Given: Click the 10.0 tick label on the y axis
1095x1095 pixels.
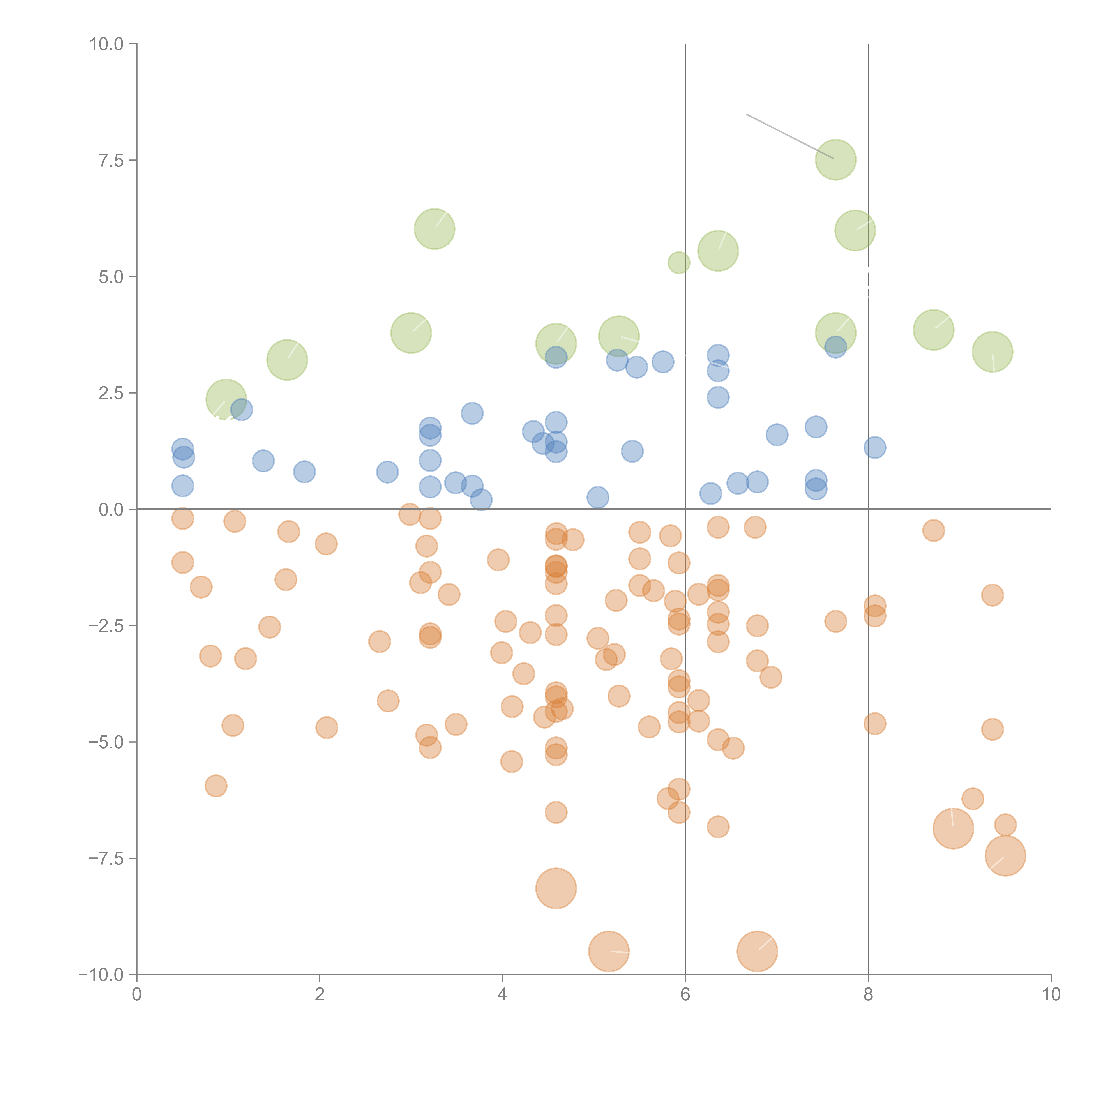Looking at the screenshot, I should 107,44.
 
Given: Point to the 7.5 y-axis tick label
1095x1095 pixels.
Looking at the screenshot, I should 111,160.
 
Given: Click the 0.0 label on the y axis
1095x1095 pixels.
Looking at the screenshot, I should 111,510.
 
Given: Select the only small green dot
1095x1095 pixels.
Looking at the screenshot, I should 678,262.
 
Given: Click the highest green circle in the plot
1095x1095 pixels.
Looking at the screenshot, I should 835,160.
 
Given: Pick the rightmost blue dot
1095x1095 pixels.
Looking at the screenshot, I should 874,447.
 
